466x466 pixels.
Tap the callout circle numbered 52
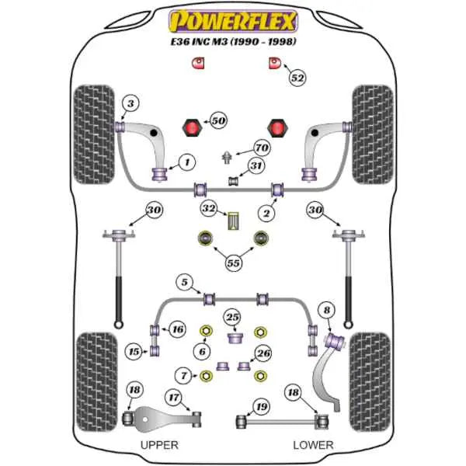point(297,78)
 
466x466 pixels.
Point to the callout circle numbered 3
point(130,104)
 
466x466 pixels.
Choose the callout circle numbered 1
point(186,162)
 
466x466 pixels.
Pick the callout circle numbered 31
point(256,165)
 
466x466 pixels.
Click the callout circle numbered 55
point(232,263)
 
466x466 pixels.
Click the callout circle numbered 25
point(232,317)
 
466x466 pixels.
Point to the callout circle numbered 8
point(327,311)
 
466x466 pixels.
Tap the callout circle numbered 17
point(174,398)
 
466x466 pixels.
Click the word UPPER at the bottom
point(159,445)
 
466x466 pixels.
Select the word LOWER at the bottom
point(314,445)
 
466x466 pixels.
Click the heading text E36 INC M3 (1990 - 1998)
point(232,40)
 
